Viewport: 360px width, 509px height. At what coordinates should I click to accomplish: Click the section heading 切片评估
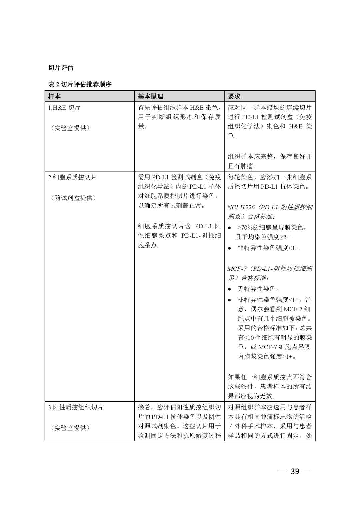coord(61,68)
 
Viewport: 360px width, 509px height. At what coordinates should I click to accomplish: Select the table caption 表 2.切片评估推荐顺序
coord(80,84)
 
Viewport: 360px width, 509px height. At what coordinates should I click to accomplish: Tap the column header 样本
coord(54,96)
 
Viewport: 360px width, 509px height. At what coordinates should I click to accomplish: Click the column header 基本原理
coord(150,96)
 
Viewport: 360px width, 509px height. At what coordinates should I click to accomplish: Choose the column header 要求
coord(234,96)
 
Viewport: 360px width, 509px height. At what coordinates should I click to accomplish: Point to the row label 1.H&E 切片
coord(64,108)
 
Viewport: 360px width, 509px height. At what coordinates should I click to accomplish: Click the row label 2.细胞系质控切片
coord(73,177)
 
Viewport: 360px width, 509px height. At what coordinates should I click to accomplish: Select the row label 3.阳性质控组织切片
coord(76,407)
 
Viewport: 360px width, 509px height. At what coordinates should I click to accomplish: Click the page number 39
coord(295,471)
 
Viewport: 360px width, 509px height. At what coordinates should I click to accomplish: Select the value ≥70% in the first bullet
coord(244,228)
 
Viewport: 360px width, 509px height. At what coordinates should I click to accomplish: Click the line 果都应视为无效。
coord(252,396)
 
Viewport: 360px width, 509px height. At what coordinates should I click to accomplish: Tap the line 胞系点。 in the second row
coord(149,245)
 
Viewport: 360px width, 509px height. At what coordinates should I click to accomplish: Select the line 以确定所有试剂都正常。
coord(171,206)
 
